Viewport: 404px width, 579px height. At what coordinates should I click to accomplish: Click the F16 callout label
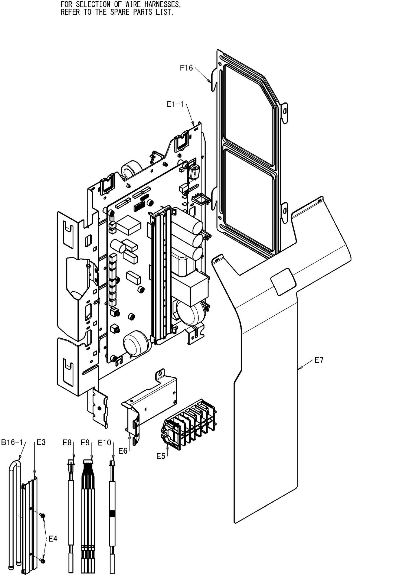pos(186,68)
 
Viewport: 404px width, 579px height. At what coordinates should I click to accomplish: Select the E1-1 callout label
pos(175,105)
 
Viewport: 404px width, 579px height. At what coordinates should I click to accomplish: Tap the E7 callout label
pos(319,360)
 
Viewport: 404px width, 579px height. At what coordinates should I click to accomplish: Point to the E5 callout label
pos(161,456)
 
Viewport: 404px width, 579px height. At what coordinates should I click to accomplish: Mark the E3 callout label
pos(41,442)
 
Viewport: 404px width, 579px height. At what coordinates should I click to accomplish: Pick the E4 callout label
pos(53,539)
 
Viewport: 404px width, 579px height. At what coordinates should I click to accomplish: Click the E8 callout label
pos(67,442)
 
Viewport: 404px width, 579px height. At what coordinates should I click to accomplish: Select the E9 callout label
pos(85,442)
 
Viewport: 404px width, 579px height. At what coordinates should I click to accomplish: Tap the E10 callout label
pos(104,443)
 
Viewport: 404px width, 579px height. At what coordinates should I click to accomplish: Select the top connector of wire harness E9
pos(88,462)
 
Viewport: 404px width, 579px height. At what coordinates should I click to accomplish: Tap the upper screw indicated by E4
pos(42,515)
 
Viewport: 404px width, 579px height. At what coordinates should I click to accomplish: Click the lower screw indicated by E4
pos(43,561)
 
